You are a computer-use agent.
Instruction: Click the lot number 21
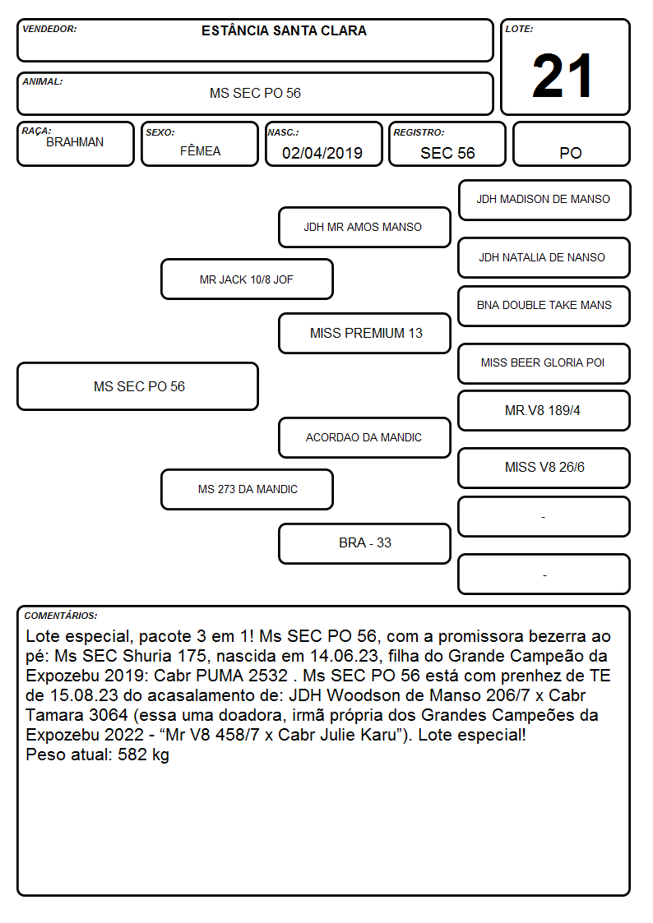(x=562, y=76)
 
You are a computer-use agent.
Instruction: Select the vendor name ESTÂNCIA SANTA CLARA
(x=284, y=30)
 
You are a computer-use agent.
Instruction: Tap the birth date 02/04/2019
(x=322, y=153)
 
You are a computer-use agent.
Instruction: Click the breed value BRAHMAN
(x=75, y=142)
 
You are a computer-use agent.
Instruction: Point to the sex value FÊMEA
(x=200, y=150)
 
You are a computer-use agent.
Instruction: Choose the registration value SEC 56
(x=447, y=153)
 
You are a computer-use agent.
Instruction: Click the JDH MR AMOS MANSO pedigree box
(x=364, y=227)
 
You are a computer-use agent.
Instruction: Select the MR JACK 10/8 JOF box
(x=247, y=279)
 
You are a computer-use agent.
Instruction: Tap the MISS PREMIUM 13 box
(x=364, y=333)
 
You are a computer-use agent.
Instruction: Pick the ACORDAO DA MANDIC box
(x=364, y=437)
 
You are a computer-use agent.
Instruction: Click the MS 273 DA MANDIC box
(x=247, y=489)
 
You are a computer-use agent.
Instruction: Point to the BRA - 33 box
(x=364, y=543)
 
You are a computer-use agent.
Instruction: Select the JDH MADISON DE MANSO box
(x=544, y=201)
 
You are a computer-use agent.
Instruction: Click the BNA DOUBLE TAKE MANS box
(x=544, y=306)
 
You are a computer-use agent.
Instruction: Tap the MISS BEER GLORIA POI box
(x=544, y=363)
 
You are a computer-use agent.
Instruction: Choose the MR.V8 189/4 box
(x=544, y=410)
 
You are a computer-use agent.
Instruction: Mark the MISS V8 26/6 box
(x=544, y=468)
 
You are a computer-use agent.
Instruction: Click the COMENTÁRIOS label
(x=61, y=616)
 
